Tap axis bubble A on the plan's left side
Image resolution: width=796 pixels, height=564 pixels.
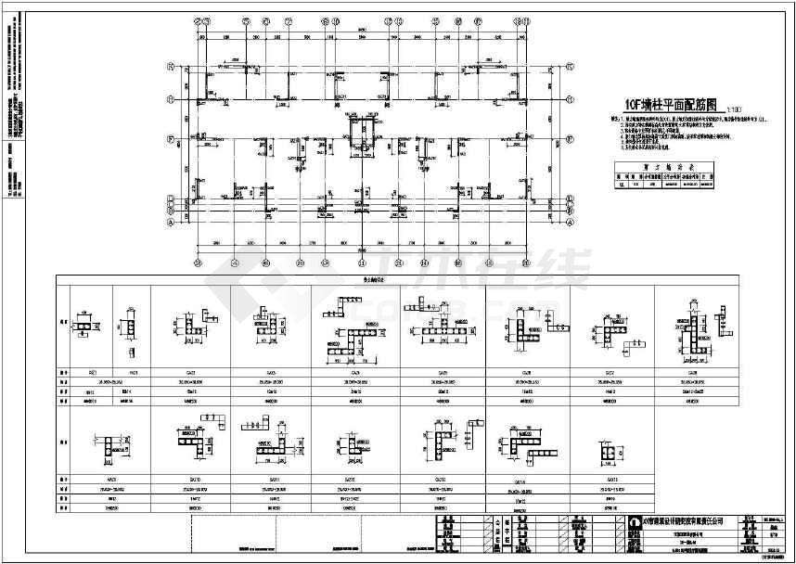click(x=171, y=224)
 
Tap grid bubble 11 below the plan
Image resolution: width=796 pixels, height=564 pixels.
click(x=525, y=263)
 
